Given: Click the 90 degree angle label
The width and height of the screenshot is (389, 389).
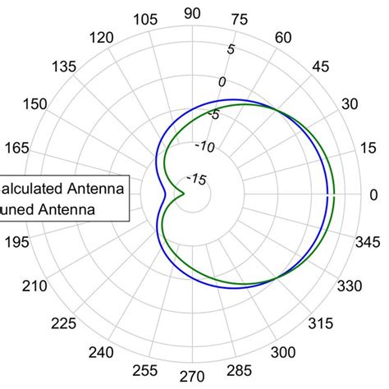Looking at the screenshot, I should click(x=193, y=12).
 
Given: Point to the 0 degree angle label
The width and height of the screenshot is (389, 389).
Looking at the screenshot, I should click(x=373, y=194).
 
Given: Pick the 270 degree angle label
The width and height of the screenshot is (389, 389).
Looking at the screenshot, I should click(x=192, y=377).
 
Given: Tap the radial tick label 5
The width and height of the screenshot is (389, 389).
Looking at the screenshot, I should click(x=231, y=49).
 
